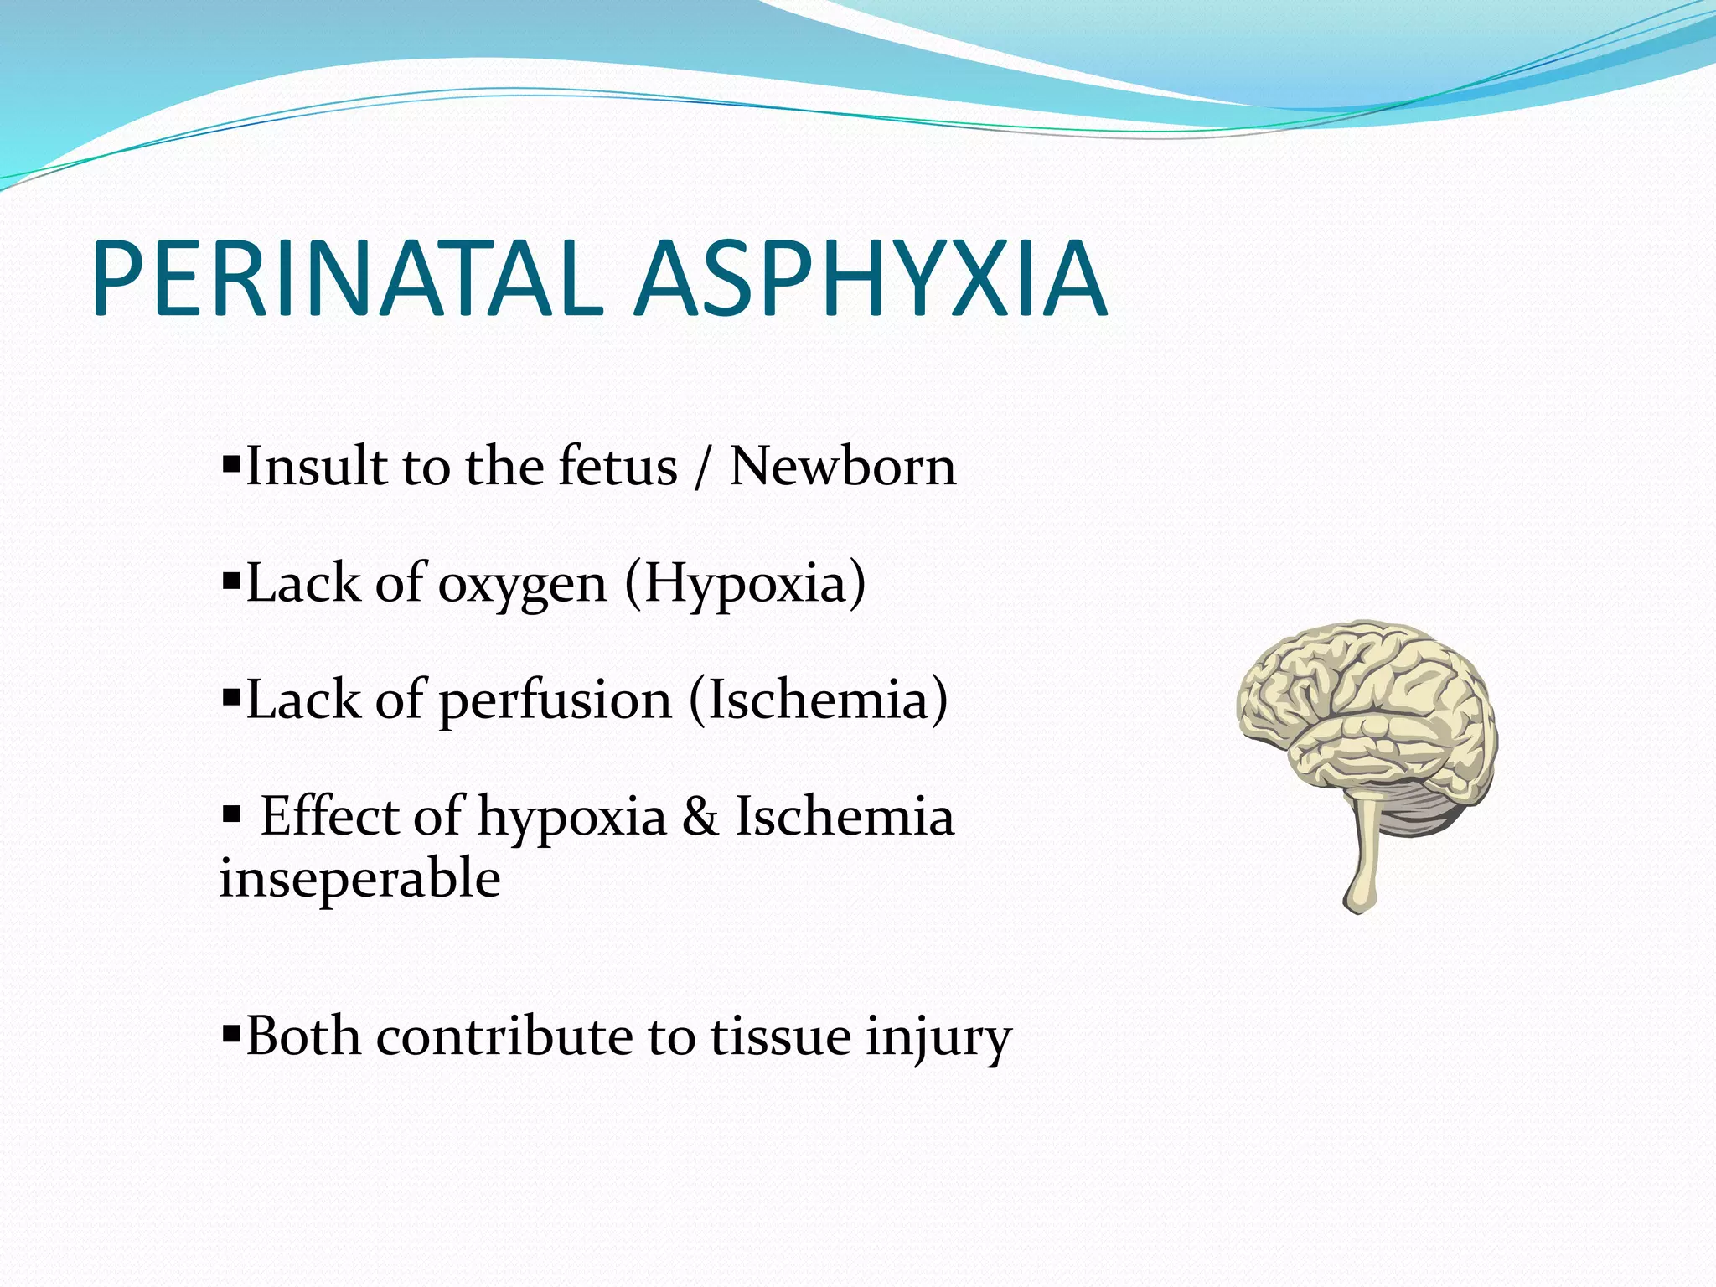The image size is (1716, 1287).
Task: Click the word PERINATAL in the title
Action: coord(348,278)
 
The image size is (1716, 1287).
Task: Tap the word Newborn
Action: coord(842,466)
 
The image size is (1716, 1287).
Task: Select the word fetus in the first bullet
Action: coord(618,466)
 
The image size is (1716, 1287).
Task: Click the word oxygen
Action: coord(522,585)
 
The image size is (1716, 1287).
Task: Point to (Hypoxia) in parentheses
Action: coord(745,585)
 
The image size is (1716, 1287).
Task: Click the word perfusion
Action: coord(555,700)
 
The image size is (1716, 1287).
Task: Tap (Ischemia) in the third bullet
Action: coord(818,700)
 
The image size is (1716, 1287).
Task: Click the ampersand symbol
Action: coord(700,816)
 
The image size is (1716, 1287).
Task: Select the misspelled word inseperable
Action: coord(360,880)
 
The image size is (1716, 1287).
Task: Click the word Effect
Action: coord(328,816)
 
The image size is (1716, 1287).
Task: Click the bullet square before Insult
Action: coord(230,462)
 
